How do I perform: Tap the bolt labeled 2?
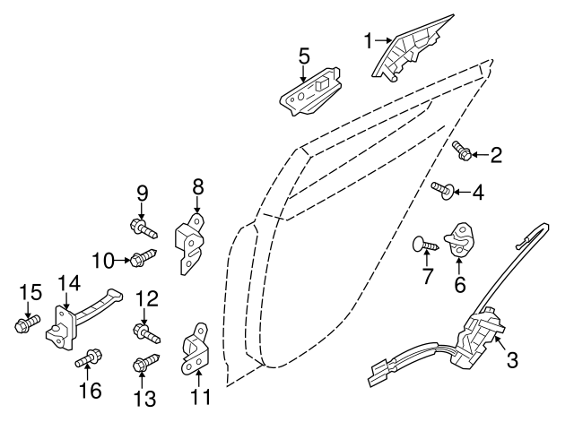click(x=462, y=151)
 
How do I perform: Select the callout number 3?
click(x=512, y=359)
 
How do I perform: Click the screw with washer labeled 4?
click(x=443, y=190)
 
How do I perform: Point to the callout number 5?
click(x=304, y=56)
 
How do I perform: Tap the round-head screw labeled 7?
click(x=425, y=244)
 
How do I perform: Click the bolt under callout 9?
click(x=143, y=228)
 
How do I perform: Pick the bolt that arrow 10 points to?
click(x=143, y=257)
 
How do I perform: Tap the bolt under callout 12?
click(x=146, y=332)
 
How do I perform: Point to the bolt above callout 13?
click(x=145, y=362)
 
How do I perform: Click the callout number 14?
click(x=70, y=283)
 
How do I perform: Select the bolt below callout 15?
click(x=28, y=323)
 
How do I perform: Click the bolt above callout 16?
click(x=89, y=358)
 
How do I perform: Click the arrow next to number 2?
click(x=480, y=155)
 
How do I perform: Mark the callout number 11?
click(x=202, y=397)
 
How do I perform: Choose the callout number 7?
click(x=428, y=276)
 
